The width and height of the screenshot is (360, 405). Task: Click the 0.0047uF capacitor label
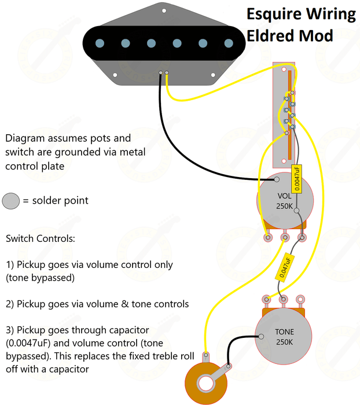tap(297, 178)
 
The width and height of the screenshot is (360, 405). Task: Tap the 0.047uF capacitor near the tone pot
tap(286, 266)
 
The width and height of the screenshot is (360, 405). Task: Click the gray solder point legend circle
tap(11, 201)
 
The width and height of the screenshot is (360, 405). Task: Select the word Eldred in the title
tap(270, 36)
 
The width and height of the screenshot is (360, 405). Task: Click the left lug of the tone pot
tap(266, 299)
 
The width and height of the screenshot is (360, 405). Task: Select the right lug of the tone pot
tap(300, 299)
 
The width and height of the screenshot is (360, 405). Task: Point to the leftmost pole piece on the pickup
tap(100, 42)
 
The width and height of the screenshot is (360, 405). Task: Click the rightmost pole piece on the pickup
tap(227, 42)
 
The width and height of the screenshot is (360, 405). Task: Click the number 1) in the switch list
tap(10, 264)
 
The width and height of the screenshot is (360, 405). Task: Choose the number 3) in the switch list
tap(10, 330)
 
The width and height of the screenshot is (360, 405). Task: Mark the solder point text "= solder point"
tap(56, 201)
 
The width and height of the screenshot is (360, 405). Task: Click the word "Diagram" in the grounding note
tap(25, 139)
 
